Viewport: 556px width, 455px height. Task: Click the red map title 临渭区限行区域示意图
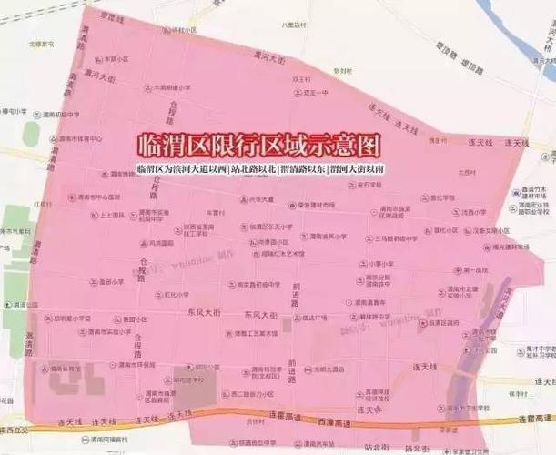(x=258, y=146)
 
